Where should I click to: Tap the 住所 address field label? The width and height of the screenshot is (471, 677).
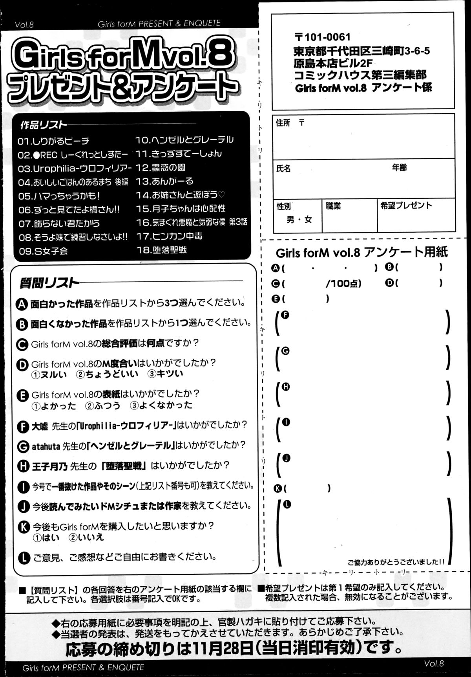pyautogui.click(x=283, y=123)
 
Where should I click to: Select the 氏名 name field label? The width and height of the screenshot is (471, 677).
pyautogui.click(x=283, y=169)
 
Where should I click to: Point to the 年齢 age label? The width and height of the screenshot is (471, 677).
pyautogui.click(x=399, y=168)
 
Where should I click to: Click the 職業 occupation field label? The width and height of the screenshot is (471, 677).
pyautogui.click(x=333, y=205)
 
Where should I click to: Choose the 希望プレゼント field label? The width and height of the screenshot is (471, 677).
pyautogui.click(x=406, y=205)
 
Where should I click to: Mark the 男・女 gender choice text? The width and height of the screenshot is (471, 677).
pyautogui.click(x=299, y=220)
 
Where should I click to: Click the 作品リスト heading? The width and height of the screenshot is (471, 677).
pyautogui.click(x=43, y=125)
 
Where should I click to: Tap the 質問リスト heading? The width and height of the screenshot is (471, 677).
pyautogui.click(x=49, y=283)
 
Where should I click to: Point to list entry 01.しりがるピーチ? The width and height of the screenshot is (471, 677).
pyautogui.click(x=54, y=141)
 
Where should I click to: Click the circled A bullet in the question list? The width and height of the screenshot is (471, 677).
pyautogui.click(x=23, y=304)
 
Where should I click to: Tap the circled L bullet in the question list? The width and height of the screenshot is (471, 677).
pyautogui.click(x=24, y=557)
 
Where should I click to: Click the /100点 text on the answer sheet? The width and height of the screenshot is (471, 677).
pyautogui.click(x=343, y=283)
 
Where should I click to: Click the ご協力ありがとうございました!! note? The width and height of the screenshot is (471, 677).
pyautogui.click(x=396, y=561)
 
